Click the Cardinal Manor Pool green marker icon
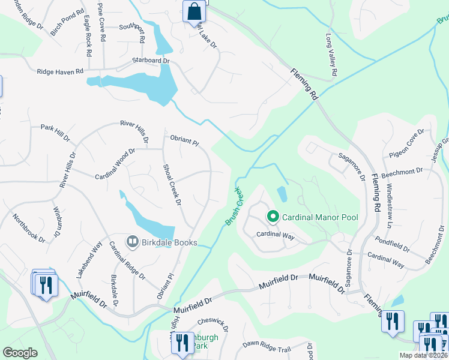[x=273, y=216]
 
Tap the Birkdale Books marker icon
[x=131, y=241]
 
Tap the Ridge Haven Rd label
[x=60, y=71]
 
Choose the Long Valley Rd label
[x=331, y=55]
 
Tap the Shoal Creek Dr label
[x=172, y=184]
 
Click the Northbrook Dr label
[x=28, y=228]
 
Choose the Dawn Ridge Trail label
[x=266, y=346]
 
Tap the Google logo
[x=20, y=352]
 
